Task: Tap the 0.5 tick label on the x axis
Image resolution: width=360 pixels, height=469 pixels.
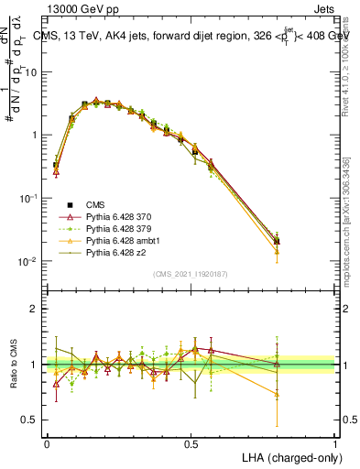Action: [191, 443]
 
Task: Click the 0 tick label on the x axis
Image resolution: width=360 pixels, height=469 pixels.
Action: [47, 443]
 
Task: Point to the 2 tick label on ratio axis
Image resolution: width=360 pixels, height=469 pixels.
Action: [33, 309]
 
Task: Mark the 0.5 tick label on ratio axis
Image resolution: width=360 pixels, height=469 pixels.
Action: [28, 420]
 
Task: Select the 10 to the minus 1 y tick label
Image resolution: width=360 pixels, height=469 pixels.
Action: [27, 198]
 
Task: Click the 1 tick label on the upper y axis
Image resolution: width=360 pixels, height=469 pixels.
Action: [33, 135]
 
